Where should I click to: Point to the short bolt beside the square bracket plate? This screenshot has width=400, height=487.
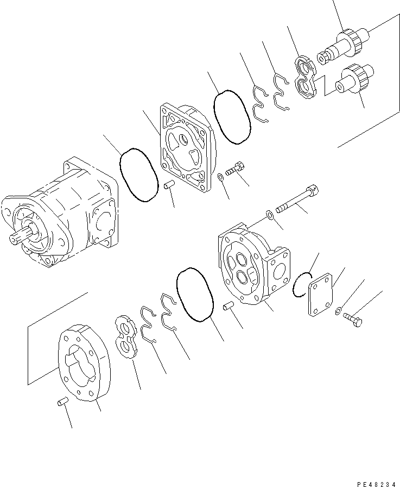click(x=234, y=170)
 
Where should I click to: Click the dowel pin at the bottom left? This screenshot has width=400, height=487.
click(x=62, y=402)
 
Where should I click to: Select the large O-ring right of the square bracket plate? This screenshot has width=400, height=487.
click(x=232, y=117)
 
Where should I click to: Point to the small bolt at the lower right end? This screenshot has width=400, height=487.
click(x=352, y=320)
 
